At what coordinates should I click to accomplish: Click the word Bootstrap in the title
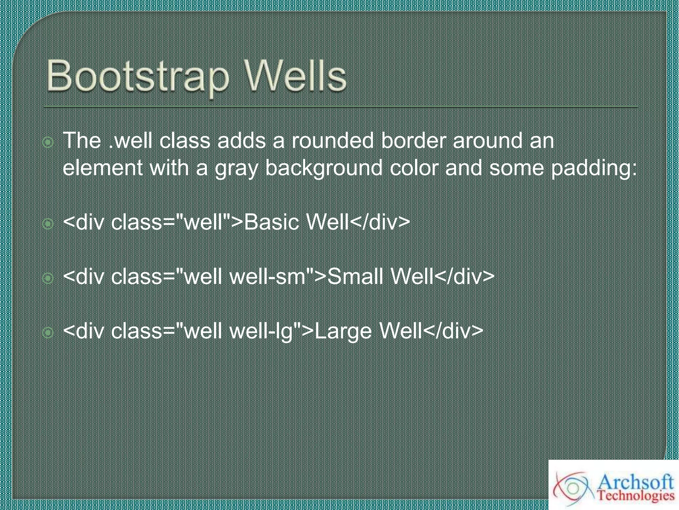[x=138, y=76]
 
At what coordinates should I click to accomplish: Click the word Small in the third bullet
[x=355, y=276]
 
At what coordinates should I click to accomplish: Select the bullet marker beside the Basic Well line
[x=48, y=224]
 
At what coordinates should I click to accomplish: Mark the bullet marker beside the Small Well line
[x=48, y=278]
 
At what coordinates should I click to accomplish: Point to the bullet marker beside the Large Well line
[x=48, y=333]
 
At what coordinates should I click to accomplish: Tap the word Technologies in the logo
[x=636, y=496]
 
